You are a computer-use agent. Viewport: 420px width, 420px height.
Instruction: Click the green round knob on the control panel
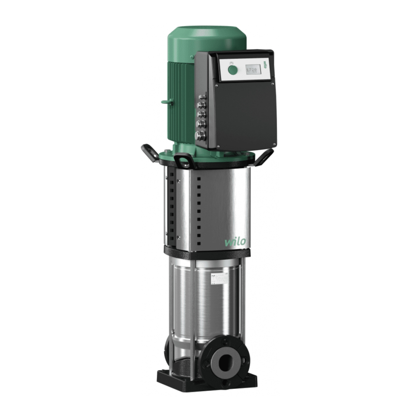(232, 70)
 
